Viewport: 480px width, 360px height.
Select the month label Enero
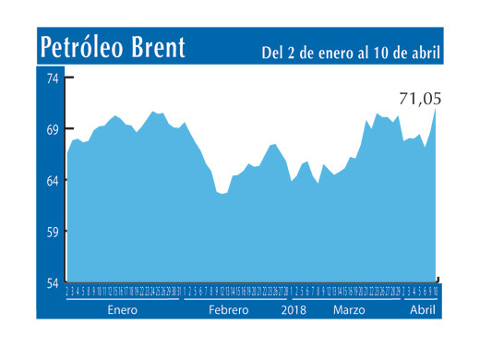tap(122, 310)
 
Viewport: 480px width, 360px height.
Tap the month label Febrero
tap(228, 310)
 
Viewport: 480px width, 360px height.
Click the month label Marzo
tap(350, 310)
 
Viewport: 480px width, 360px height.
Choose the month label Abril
tap(422, 310)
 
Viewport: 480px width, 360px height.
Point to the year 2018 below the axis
tap(293, 310)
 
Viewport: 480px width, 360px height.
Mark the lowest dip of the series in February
tap(222, 194)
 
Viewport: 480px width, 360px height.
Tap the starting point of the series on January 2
tap(67, 150)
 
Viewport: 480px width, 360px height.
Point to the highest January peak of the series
tap(153, 112)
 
